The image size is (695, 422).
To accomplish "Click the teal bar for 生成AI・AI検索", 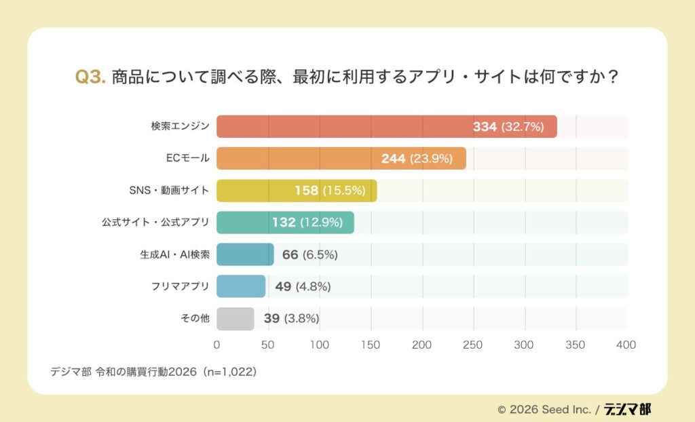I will click(x=245, y=254).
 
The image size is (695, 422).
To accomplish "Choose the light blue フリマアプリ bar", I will click(x=241, y=286).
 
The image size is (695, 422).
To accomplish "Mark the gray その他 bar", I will click(x=236, y=318).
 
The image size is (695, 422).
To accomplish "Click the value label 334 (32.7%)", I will click(x=508, y=127).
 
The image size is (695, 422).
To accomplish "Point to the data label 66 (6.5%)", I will click(x=309, y=254).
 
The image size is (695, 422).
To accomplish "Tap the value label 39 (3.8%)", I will click(x=291, y=318).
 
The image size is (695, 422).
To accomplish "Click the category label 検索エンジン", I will click(x=180, y=127).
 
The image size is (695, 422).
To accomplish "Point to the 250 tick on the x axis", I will click(x=473, y=345).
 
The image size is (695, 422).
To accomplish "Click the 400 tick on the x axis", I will click(x=626, y=345).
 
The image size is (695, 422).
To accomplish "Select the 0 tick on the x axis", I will click(x=217, y=345).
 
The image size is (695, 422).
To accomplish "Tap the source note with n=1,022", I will click(x=153, y=372).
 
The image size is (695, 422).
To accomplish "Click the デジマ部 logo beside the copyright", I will click(x=628, y=409).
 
